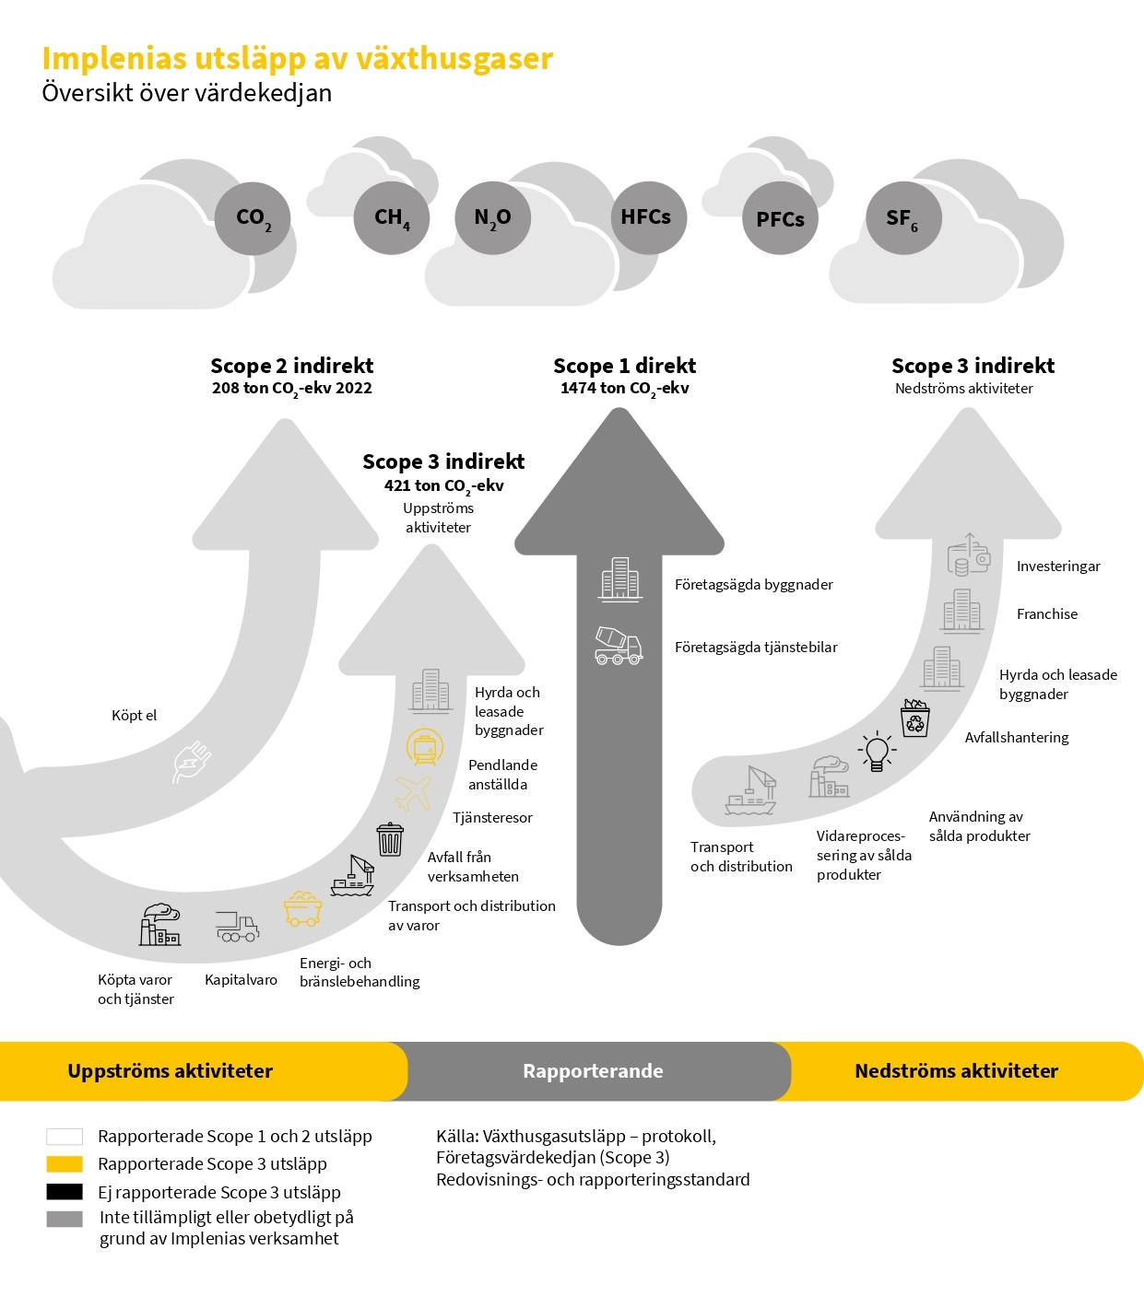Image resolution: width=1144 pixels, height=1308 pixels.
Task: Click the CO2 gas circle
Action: click(253, 218)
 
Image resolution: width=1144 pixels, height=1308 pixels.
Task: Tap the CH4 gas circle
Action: click(392, 217)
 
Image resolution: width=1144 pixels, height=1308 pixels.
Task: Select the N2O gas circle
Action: click(492, 217)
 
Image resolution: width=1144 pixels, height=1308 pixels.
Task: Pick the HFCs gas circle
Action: click(648, 217)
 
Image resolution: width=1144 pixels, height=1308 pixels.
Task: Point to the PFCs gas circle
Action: click(780, 218)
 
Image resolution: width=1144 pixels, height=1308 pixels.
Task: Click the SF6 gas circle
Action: click(902, 218)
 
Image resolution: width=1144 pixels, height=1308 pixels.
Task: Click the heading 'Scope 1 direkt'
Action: click(624, 366)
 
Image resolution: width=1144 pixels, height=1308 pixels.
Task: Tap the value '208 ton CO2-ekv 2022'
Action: click(291, 389)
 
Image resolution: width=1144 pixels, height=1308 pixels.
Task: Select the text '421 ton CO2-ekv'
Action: click(443, 485)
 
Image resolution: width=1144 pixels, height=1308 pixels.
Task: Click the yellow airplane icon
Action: click(414, 792)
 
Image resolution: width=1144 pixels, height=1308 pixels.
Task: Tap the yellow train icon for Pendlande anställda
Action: click(425, 746)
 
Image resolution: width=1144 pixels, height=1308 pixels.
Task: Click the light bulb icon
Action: click(877, 752)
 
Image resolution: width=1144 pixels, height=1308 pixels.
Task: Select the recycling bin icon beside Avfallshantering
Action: click(914, 718)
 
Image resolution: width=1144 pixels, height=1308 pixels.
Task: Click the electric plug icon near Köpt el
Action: click(192, 762)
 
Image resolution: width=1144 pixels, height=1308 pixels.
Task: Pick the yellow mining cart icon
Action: click(302, 908)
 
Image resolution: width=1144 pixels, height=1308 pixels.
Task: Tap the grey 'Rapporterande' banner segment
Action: click(594, 1071)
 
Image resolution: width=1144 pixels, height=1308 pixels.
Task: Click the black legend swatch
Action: click(65, 1192)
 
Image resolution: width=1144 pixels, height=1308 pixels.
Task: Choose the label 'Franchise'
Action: click(1046, 614)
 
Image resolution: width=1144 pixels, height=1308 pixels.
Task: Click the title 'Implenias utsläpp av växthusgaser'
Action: click(297, 59)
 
